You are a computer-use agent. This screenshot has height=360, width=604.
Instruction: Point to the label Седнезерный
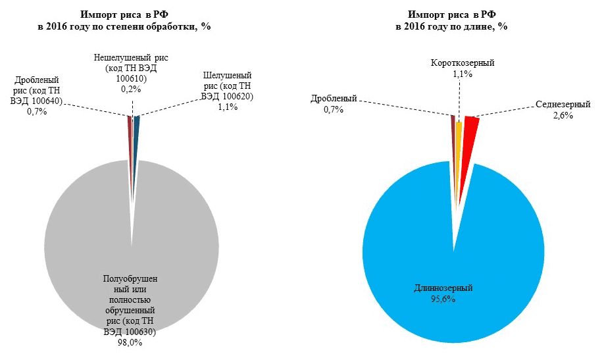pos(563,105)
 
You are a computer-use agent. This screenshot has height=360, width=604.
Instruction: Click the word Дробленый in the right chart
pos(334,99)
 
